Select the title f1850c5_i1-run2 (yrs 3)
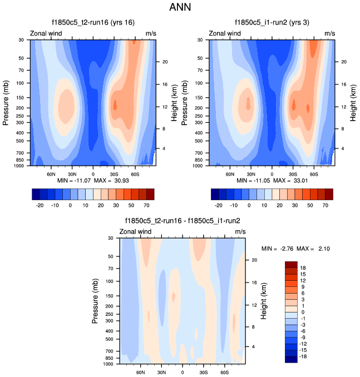272,22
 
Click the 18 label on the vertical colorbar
304,267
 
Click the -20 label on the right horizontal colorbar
219,205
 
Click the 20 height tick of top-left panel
165,62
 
